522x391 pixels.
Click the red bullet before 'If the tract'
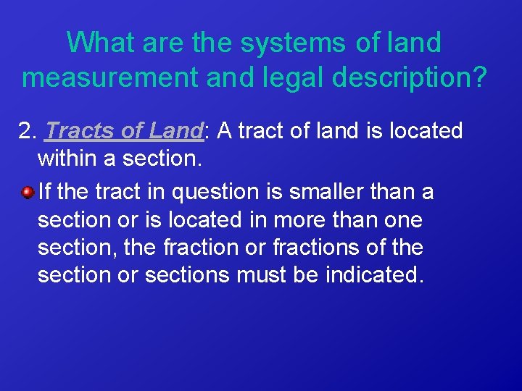click(x=27, y=193)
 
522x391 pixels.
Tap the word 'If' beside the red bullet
click(x=45, y=193)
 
